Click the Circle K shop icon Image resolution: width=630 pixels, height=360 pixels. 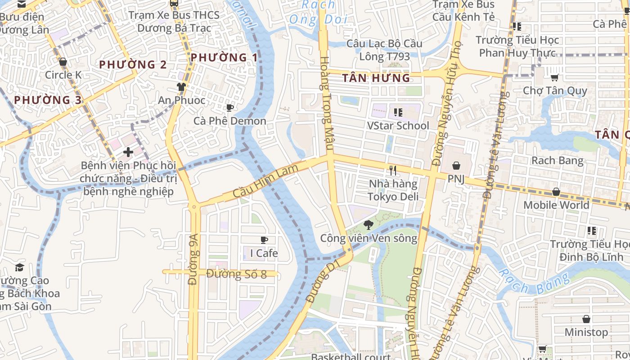[63, 62]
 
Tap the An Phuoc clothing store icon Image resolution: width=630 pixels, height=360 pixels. [181, 87]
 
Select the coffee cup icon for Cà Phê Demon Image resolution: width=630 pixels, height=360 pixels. [229, 108]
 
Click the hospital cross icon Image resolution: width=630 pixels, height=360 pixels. [128, 152]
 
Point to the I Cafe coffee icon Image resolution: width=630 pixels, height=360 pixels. [264, 240]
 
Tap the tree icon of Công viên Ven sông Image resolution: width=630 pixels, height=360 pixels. [368, 225]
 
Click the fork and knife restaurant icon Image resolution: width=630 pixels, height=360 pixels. [393, 171]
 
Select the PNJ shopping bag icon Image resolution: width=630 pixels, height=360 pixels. [456, 166]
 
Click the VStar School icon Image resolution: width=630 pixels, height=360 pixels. [398, 112]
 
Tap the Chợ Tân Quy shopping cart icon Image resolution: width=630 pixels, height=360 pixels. [555, 77]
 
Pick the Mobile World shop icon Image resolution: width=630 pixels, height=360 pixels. [556, 192]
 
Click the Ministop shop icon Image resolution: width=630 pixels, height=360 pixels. [586, 319]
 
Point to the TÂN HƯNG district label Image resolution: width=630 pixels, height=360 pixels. [376, 78]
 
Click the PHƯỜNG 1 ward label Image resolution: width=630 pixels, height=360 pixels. [224, 58]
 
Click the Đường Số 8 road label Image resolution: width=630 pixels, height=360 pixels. [237, 274]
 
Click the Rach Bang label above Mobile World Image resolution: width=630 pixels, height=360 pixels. [557, 161]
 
